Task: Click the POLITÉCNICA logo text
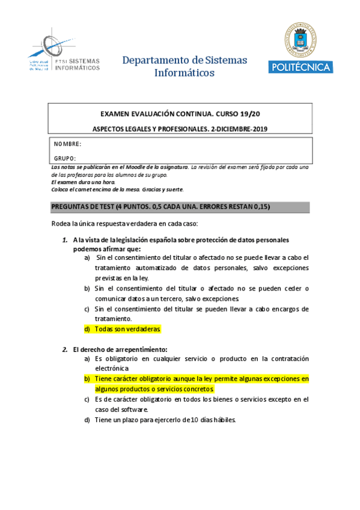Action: click(x=301, y=67)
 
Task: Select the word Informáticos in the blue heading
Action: click(x=185, y=73)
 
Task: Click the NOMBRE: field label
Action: click(x=67, y=144)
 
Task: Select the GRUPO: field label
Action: click(x=65, y=158)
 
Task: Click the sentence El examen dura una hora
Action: click(x=83, y=182)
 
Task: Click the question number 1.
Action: click(x=65, y=239)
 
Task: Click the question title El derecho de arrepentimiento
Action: click(x=120, y=349)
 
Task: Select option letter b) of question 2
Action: click(x=87, y=379)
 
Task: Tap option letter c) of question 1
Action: click(x=87, y=309)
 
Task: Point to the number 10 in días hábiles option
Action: click(x=186, y=420)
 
